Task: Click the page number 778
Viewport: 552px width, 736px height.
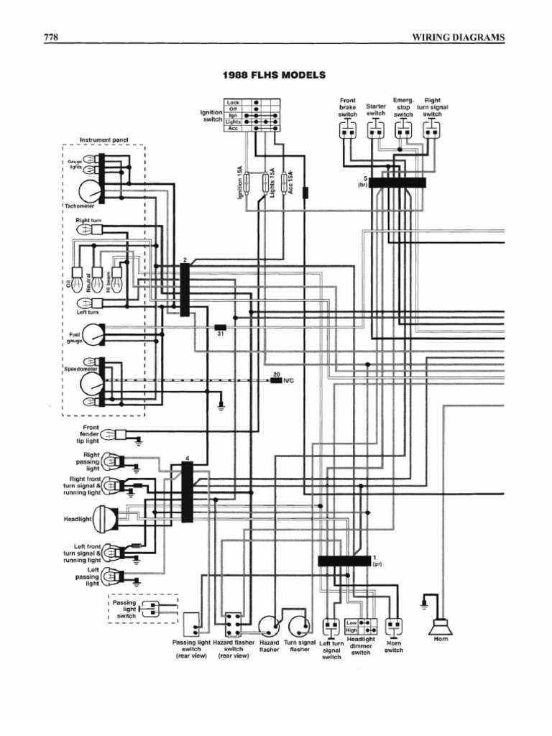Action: tap(51, 37)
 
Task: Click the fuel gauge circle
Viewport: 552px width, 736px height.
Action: tap(93, 334)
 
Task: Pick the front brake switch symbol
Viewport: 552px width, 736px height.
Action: tap(347, 130)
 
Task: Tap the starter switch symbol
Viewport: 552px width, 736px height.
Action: tap(376, 130)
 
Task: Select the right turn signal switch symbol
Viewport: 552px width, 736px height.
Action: tap(431, 130)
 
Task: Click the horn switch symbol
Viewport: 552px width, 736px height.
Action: tap(394, 627)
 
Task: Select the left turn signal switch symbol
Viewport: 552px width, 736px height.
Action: tap(331, 627)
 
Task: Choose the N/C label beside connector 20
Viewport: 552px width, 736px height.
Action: tap(289, 380)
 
